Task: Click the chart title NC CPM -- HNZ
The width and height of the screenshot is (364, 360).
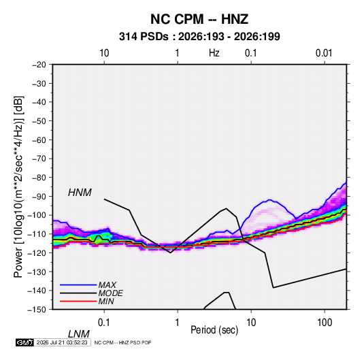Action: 199,19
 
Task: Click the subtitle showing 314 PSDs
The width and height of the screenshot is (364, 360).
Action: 199,37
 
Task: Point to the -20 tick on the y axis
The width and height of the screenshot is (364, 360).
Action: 39,65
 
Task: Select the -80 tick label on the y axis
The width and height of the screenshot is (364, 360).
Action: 39,178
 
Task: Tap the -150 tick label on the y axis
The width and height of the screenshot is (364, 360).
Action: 37,310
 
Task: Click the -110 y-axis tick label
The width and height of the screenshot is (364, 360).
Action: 37,234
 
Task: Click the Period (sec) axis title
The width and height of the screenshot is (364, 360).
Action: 214,330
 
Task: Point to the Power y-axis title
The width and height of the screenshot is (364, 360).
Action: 18,187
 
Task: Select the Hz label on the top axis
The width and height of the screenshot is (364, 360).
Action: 214,53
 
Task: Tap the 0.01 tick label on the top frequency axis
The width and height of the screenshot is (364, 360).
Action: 324,53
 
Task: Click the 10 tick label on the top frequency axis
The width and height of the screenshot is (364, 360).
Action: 104,53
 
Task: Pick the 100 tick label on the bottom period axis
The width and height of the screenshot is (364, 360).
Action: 325,323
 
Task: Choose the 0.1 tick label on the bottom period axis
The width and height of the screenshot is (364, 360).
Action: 104,323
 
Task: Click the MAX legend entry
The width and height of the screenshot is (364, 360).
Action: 107,285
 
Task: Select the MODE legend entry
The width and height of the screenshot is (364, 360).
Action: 110,293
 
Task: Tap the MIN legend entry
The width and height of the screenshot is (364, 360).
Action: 106,301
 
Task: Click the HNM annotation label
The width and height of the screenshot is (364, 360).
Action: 80,193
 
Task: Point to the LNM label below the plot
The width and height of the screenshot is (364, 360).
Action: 79,334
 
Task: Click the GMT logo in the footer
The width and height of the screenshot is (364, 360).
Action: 25,342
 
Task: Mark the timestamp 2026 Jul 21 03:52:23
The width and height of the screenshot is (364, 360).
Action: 62,342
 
